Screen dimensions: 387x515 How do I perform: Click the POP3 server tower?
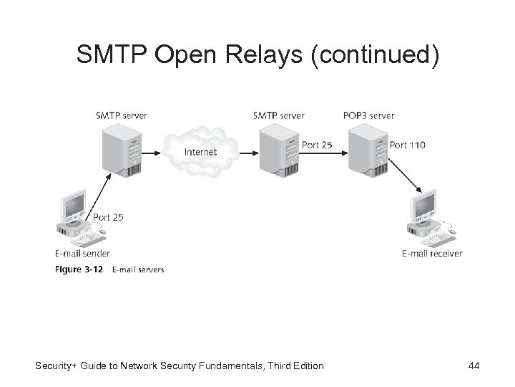[x=367, y=151]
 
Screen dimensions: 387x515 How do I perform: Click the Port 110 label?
[x=407, y=145]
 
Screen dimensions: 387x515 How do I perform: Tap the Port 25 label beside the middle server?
[x=317, y=145]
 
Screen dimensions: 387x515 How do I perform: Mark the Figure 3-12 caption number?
[x=83, y=269]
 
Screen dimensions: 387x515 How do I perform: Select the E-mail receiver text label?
[x=432, y=253]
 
